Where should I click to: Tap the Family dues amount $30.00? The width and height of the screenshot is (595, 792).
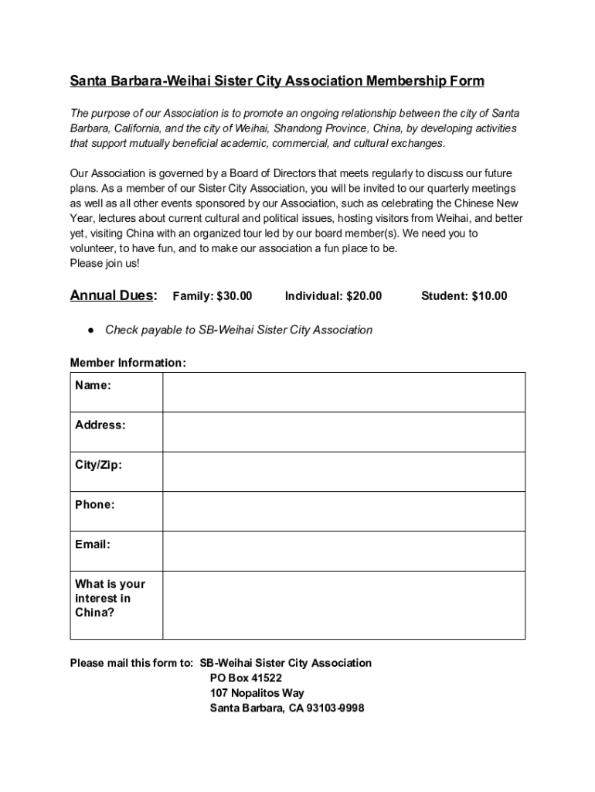[234, 296]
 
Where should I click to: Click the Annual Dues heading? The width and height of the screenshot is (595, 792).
[114, 295]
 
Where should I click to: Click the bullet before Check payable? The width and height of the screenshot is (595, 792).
[91, 330]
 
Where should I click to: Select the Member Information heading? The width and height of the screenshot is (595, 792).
[127, 363]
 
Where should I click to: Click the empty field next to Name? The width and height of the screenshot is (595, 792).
[344, 392]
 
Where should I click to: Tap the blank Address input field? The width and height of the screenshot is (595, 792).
[344, 432]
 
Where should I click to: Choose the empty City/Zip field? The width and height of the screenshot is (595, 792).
[344, 472]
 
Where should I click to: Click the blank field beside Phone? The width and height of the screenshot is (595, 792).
[344, 511]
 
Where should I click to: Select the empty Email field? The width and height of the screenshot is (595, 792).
[344, 551]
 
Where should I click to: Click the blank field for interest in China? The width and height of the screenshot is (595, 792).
[344, 605]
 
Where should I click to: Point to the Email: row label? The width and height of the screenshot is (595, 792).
[93, 544]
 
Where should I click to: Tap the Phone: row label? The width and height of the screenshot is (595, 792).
[95, 505]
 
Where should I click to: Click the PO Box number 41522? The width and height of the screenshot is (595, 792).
[256, 678]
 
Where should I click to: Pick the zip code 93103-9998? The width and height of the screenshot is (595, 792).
[335, 708]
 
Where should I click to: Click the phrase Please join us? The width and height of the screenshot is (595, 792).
[105, 263]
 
